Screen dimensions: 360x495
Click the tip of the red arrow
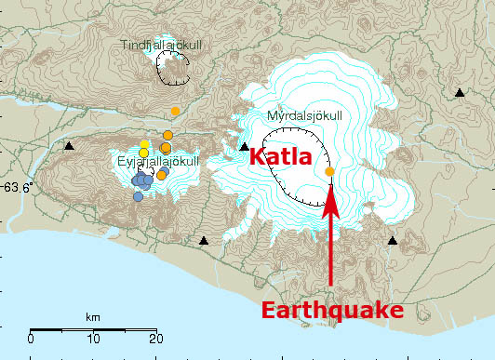[x=330, y=188]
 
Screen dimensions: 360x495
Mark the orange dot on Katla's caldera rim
[x=330, y=171]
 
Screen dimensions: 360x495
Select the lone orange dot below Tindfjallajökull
[x=175, y=112]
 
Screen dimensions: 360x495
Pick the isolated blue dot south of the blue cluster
[x=138, y=196]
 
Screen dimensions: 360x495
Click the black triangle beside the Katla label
[x=244, y=146]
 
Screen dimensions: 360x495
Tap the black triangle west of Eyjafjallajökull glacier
[x=69, y=146]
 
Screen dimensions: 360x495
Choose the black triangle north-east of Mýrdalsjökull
[x=460, y=92]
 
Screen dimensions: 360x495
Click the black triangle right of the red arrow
[x=393, y=241]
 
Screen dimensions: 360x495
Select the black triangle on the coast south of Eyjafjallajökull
[x=204, y=241]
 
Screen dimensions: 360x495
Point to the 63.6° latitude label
[x=16, y=186]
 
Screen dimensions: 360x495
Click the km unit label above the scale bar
[x=93, y=318]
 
